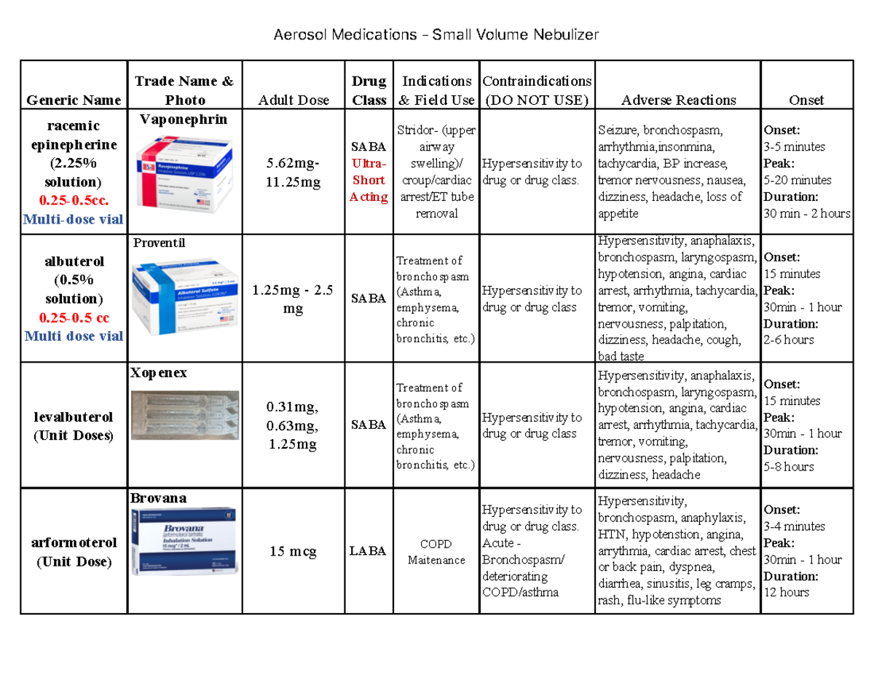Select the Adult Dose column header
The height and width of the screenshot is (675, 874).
click(x=294, y=100)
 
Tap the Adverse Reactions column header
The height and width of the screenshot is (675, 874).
click(x=677, y=100)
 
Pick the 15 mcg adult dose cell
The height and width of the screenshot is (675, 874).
click(x=294, y=552)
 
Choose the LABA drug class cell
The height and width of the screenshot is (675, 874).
click(x=369, y=552)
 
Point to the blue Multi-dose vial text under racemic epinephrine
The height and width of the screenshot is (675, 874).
click(x=74, y=219)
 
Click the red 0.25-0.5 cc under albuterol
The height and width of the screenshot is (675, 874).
click(x=74, y=318)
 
